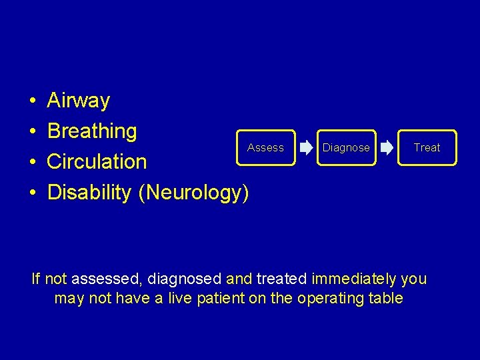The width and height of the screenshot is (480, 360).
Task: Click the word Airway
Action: point(79,101)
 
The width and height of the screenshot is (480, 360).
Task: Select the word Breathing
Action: point(92,131)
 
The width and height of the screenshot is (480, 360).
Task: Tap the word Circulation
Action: point(97,162)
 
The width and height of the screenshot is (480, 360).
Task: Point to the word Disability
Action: point(90,193)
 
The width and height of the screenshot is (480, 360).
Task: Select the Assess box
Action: point(265,147)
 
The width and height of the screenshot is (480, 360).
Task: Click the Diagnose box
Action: point(346,147)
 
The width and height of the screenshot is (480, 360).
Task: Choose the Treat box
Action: point(427,147)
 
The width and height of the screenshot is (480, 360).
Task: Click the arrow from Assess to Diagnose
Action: point(305,148)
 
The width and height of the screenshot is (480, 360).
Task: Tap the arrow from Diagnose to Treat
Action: point(387,148)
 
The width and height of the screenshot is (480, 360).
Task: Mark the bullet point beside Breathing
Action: point(33,132)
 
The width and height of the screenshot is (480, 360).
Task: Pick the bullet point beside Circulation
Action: point(33,163)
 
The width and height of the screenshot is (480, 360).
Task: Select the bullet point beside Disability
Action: point(33,193)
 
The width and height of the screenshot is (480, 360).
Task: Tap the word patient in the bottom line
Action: point(220,298)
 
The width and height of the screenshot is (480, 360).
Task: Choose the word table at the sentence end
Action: point(385,298)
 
